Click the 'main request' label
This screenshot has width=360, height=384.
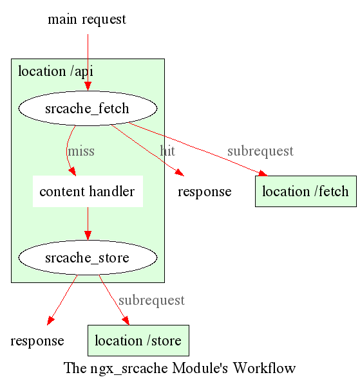pyautogui.click(x=87, y=19)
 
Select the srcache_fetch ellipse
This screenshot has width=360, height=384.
pyautogui.click(x=88, y=108)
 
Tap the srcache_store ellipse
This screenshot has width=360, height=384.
pyautogui.click(x=88, y=257)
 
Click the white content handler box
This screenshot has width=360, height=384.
pyautogui.click(x=88, y=191)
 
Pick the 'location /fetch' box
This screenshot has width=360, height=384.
pyautogui.click(x=306, y=191)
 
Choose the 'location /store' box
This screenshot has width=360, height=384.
pyautogui.click(x=138, y=340)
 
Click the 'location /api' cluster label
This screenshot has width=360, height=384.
pyautogui.click(x=55, y=72)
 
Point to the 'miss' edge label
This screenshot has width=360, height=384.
pyautogui.click(x=81, y=151)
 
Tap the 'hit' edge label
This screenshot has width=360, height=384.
pyautogui.click(x=167, y=151)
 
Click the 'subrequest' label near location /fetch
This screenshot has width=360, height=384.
pyautogui.click(x=260, y=151)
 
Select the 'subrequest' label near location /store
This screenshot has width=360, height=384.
pyautogui.click(x=151, y=300)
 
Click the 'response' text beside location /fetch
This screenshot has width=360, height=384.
pyautogui.click(x=205, y=192)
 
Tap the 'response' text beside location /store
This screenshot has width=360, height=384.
pyautogui.click(x=37, y=341)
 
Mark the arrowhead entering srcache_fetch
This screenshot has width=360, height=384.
pyautogui.click(x=88, y=86)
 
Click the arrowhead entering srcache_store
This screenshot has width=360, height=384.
pyautogui.click(x=88, y=235)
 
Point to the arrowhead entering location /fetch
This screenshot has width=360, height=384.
pyautogui.click(x=263, y=174)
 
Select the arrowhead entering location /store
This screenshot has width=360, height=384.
pyautogui.click(x=126, y=320)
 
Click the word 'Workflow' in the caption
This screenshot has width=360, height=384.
pyautogui.click(x=264, y=368)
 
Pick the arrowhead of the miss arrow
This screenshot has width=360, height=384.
pyautogui.click(x=73, y=172)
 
